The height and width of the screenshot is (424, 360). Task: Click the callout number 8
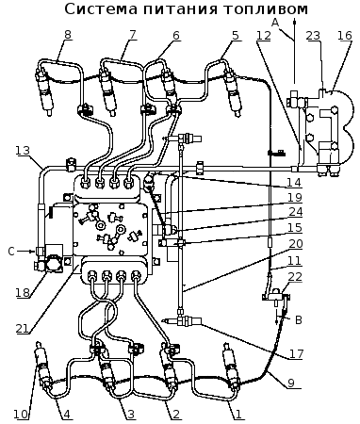point(68,35)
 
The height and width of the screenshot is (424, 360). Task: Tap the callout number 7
point(133,35)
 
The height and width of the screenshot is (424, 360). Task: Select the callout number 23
point(313,36)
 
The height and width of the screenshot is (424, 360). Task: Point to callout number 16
point(345,36)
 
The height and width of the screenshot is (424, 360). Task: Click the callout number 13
point(23,151)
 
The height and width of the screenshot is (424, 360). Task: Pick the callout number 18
point(23,293)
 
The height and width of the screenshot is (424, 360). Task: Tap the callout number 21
point(23,329)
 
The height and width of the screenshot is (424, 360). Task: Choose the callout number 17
point(296,354)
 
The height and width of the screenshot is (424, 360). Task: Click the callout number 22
point(295,277)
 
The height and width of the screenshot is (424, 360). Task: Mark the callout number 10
point(21,415)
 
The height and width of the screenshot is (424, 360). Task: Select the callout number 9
point(290,383)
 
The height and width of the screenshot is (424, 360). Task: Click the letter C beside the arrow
point(11,252)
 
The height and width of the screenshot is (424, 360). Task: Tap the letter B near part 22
point(299,320)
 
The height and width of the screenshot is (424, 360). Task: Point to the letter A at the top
point(275,23)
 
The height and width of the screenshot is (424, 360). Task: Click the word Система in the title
point(101,9)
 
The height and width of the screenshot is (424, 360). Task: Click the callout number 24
point(295,212)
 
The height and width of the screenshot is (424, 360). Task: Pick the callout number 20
point(295,244)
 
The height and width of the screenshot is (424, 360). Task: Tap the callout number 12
point(263,36)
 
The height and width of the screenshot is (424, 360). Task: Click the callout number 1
point(238,415)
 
